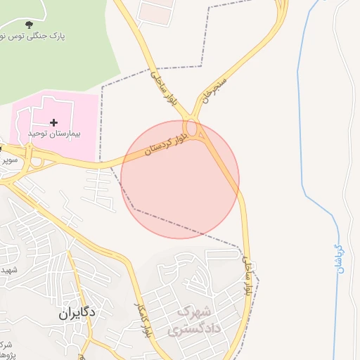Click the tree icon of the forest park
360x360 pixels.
click(28, 25)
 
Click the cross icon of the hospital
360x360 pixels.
click(53, 122)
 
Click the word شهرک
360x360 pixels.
click(194, 311)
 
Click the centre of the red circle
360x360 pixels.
click(180, 179)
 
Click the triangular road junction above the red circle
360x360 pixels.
click(197, 130)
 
